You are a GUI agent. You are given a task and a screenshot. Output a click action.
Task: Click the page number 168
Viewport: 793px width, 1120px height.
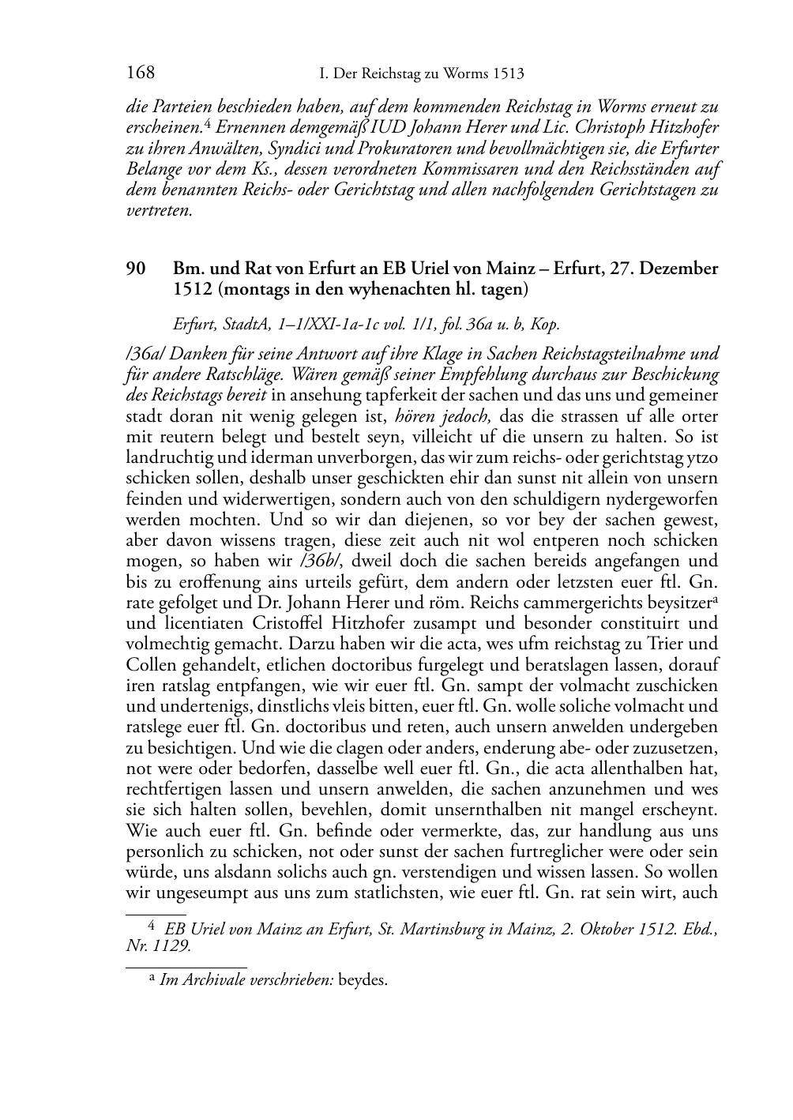(140, 73)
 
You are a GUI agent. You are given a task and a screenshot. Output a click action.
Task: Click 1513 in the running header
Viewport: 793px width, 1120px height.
(507, 74)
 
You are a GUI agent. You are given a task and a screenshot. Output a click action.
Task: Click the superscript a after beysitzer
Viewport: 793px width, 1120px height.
(714, 598)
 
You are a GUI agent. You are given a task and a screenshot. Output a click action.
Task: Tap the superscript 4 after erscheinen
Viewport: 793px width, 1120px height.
(206, 122)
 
